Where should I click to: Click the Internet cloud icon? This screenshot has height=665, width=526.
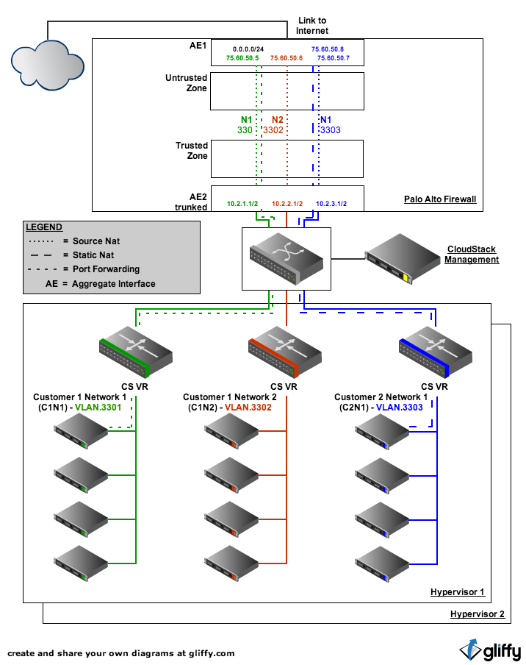click(48, 65)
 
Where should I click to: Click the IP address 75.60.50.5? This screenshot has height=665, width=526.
click(242, 58)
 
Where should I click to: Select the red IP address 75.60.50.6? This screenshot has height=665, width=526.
click(287, 58)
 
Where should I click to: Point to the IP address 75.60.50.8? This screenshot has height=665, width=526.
click(328, 49)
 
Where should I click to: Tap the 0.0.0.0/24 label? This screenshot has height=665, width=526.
click(248, 49)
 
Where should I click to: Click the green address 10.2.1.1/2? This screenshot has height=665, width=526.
click(242, 204)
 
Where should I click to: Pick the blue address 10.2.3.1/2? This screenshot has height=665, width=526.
click(331, 204)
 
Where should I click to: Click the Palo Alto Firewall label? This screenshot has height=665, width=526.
click(440, 199)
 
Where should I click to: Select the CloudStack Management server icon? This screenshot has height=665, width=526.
click(403, 258)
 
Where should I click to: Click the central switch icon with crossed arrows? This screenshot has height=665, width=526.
click(287, 258)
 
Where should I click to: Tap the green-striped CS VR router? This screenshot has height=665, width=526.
click(135, 352)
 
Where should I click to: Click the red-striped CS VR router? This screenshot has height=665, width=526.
click(285, 352)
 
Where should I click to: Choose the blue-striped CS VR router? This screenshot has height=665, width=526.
click(436, 352)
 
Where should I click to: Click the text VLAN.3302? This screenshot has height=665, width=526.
click(248, 408)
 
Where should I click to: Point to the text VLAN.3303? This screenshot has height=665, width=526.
click(400, 408)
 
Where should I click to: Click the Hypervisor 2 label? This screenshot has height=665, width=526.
click(478, 614)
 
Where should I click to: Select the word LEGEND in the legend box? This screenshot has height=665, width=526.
click(44, 227)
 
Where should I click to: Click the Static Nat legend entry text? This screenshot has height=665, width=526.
click(93, 255)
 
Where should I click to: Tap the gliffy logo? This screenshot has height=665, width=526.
click(491, 650)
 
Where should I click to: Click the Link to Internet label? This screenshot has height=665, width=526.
click(312, 26)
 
